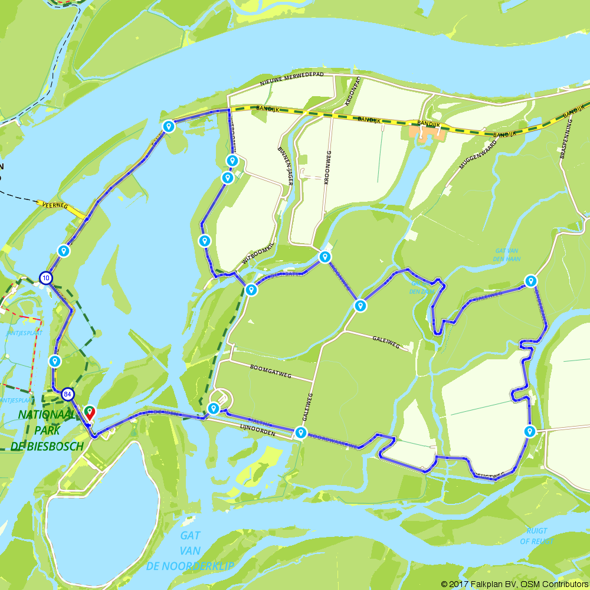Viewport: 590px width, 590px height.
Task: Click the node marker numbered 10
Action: (46, 278)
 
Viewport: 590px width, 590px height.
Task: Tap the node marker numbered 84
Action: (68, 394)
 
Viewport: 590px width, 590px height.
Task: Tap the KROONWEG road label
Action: (327, 168)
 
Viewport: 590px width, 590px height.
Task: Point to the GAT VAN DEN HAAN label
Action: (507, 254)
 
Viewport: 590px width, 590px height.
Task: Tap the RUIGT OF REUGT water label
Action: (536, 536)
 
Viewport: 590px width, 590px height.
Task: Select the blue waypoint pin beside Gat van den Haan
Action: (531, 281)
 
